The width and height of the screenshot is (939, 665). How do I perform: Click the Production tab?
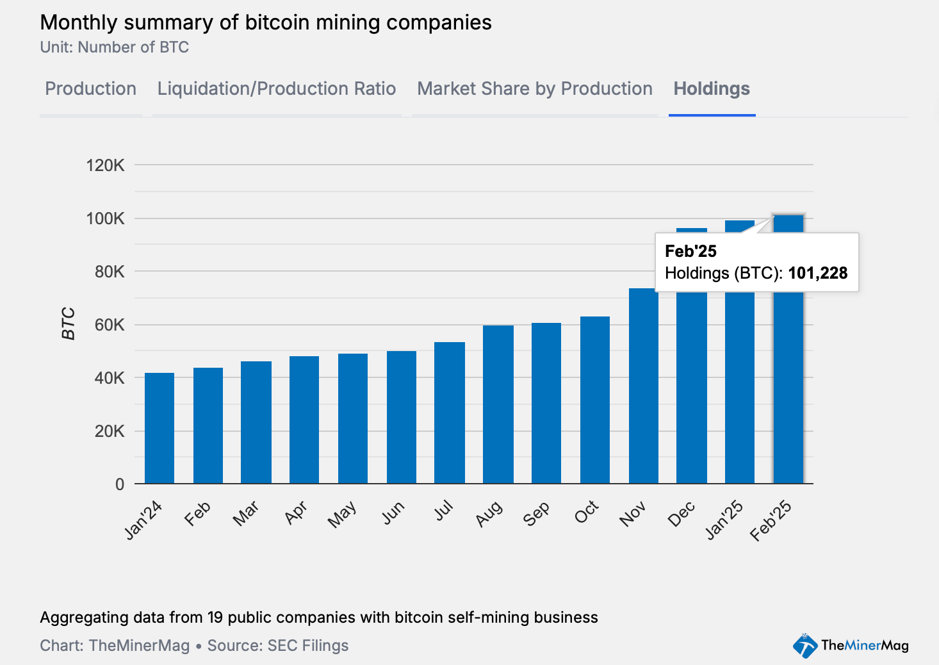pos(90,88)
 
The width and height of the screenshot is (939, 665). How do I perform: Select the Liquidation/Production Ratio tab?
pos(276,88)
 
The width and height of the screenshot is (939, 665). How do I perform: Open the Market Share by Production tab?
pos(534,88)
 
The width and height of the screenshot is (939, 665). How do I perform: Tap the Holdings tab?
pos(712,88)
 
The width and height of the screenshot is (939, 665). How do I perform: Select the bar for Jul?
pos(449,413)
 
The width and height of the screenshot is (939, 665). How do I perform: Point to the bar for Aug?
pos(498,404)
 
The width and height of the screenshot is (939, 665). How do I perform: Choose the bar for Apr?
pos(304,420)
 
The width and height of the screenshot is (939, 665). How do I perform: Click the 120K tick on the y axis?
pos(106,165)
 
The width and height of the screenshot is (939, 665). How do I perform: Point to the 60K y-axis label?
pos(110,325)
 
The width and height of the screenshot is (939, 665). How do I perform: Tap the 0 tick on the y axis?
pos(120,484)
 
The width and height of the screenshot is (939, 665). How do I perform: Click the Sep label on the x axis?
pos(537,513)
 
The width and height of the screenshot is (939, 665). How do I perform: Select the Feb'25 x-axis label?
pos(771,521)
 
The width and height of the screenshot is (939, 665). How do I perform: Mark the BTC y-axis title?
pos(69,324)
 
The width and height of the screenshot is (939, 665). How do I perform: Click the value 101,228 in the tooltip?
pos(817,273)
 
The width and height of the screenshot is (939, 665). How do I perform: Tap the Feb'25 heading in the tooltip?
pos(690,251)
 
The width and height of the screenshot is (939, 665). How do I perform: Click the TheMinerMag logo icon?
pos(804,645)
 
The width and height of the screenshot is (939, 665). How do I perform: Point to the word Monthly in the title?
pos(79,22)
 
